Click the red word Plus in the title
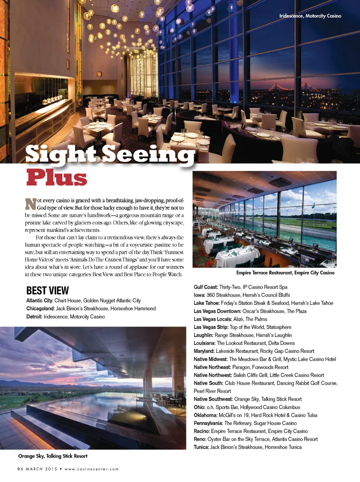[x=57, y=178]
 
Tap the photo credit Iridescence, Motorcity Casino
[x=310, y=16]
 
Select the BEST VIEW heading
[x=47, y=291]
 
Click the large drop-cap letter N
[x=31, y=204]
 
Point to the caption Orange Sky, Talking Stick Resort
[x=53, y=456]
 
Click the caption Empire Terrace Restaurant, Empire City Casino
[x=285, y=273]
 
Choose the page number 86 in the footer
[x=20, y=469]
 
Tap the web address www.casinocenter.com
[x=91, y=469]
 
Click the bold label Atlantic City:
[x=40, y=300]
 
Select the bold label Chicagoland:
[x=40, y=309]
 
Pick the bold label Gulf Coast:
[x=206, y=287]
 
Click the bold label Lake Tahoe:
[x=207, y=303]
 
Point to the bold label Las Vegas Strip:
[x=211, y=327]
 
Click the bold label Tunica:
[x=201, y=447]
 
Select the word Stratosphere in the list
[x=279, y=327]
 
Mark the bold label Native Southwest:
[x=213, y=399]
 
